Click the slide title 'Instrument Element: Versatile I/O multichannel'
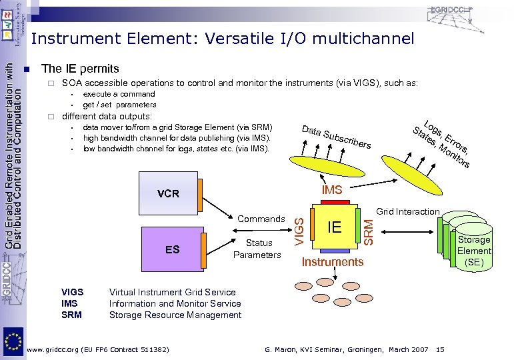[x=222, y=39]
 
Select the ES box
[x=173, y=249]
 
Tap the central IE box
[x=334, y=227]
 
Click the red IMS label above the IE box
[x=331, y=191]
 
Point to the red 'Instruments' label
[x=333, y=262]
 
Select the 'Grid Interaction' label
[x=407, y=212]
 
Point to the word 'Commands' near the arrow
[x=261, y=219]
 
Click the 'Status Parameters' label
[x=259, y=249]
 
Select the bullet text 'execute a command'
[x=119, y=94]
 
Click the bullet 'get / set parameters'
[x=119, y=105]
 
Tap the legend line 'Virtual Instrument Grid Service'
[x=172, y=292]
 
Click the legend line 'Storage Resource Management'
[x=175, y=315]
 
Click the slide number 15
[x=439, y=349]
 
